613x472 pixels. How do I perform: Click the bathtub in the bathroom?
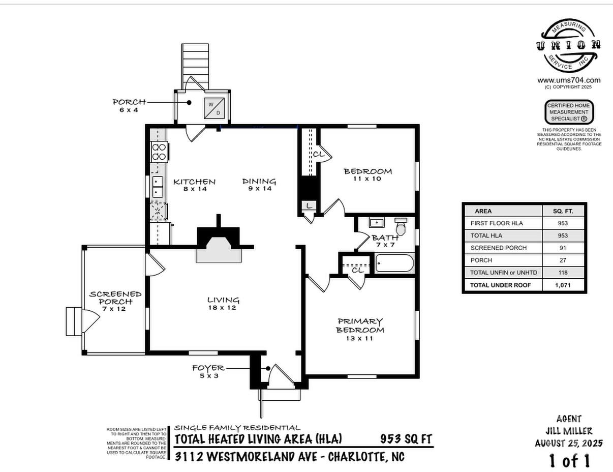(394, 263)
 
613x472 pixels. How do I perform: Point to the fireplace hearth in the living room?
(219, 253)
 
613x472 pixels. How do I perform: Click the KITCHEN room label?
(194, 182)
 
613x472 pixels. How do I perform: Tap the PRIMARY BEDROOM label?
(360, 326)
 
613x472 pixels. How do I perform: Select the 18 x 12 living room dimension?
(223, 308)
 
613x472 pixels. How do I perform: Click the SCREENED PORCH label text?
(115, 298)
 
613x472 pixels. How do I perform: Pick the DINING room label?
(259, 181)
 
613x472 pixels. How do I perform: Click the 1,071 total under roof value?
(563, 285)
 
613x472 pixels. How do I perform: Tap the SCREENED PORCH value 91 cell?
(563, 248)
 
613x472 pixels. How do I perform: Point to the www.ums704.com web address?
(569, 80)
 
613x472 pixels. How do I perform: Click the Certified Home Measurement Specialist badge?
(569, 112)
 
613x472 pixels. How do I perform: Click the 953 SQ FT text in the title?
(406, 438)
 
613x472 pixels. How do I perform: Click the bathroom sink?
(377, 223)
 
